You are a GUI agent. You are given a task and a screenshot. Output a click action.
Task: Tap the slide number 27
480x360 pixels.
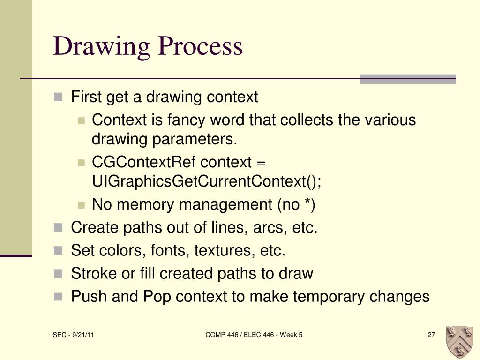[x=431, y=335]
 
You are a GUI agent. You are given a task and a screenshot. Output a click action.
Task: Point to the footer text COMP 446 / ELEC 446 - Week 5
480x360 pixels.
[x=254, y=335]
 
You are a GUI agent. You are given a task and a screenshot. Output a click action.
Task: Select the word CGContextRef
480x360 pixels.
[x=144, y=163]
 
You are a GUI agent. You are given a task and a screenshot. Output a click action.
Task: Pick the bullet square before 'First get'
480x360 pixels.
[x=58, y=97]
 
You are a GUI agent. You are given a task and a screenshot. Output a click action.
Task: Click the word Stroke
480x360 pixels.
[x=94, y=273]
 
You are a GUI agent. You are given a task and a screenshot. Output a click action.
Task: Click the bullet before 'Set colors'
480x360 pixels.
[x=58, y=251]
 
